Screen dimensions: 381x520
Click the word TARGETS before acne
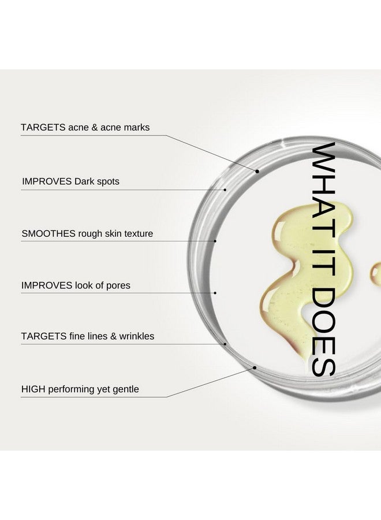point(43,127)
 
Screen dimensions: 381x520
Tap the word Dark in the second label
point(84,181)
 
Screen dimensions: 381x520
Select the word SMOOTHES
point(48,233)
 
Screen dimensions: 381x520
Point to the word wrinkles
point(137,336)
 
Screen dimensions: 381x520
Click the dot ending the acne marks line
point(257,172)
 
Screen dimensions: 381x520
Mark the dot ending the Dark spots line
point(225,190)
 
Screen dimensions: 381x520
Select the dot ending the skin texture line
point(215,241)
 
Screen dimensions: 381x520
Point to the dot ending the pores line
point(215,293)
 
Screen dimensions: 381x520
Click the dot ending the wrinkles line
point(225,344)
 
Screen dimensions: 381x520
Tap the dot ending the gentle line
point(255,367)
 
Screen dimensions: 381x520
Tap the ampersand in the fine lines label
point(113,336)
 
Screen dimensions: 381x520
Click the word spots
point(108,182)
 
